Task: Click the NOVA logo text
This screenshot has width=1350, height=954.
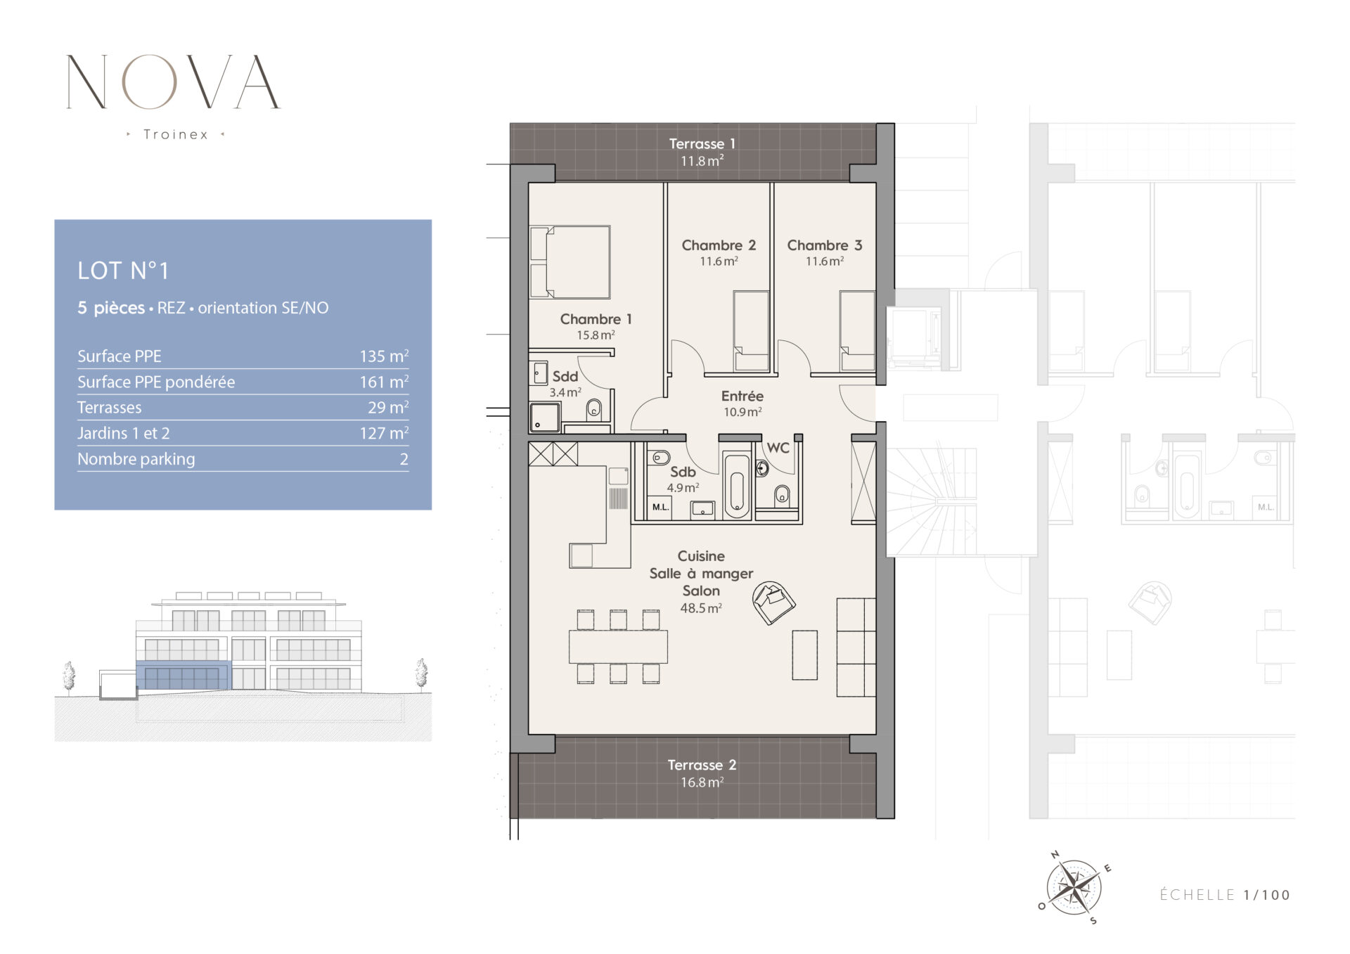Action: click(x=173, y=82)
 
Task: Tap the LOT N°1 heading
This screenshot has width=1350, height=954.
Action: click(x=123, y=271)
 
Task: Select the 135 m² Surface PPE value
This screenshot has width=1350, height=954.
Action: click(x=384, y=356)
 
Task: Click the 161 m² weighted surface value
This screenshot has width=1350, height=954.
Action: click(x=384, y=382)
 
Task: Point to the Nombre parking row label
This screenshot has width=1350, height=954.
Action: click(x=136, y=459)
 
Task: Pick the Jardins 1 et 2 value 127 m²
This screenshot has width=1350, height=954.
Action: click(x=384, y=433)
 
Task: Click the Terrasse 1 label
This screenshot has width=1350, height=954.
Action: click(x=702, y=143)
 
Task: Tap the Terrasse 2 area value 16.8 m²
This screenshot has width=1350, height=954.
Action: click(x=702, y=782)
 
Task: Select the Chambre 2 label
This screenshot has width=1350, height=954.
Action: click(x=719, y=245)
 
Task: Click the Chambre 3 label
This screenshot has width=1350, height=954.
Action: click(x=824, y=245)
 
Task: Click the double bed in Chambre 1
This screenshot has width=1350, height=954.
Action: click(x=570, y=262)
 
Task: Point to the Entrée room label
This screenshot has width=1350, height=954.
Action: click(x=742, y=396)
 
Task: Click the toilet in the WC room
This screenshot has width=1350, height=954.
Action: click(x=782, y=496)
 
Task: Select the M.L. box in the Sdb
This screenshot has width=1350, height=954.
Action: click(x=660, y=506)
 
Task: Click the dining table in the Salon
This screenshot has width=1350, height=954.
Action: click(x=618, y=647)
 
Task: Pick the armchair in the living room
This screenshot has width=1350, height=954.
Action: click(x=773, y=602)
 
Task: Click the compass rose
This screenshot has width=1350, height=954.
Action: click(x=1074, y=887)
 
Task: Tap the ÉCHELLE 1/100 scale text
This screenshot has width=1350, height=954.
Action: click(x=1225, y=895)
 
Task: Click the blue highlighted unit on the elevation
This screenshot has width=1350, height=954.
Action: click(x=183, y=676)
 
